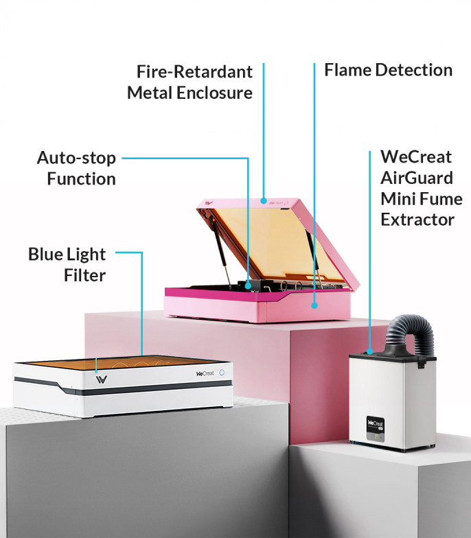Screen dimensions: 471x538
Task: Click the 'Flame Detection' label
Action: coord(389,70)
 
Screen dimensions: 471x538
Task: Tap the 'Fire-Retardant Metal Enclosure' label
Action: coord(189,82)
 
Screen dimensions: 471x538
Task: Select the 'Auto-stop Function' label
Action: coord(76,169)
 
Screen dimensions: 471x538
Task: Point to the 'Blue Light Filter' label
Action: coord(67,265)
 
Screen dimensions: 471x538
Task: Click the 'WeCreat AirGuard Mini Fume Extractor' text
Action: coord(422,188)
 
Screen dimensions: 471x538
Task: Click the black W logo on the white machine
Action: coord(102,379)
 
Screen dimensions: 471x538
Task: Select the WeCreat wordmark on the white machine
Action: coord(205,373)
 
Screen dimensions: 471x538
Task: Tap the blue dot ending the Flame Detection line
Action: coord(314,305)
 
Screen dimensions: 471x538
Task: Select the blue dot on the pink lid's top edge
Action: coord(264,200)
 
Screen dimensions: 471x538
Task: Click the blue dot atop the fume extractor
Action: coord(369,351)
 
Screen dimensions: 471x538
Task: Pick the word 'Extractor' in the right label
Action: coord(417,220)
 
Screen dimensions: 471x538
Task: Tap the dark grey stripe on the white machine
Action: coord(124,386)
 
